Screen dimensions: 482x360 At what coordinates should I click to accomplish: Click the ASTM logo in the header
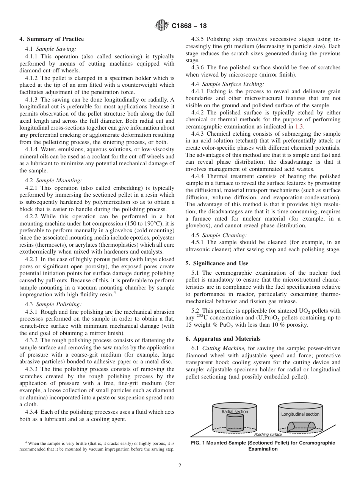pos(162,26)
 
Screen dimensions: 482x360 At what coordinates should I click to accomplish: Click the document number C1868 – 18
pos(189,26)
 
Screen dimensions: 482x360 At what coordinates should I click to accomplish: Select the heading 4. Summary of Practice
pos(52,39)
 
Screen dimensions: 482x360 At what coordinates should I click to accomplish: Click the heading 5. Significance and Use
pos(217,263)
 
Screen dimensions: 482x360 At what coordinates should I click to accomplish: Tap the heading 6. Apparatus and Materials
pos(223,339)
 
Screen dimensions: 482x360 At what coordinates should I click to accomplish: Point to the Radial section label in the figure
pos(235,412)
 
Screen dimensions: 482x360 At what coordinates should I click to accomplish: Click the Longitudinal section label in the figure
pos(300,414)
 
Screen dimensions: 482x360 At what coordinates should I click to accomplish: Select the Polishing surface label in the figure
pos(268,435)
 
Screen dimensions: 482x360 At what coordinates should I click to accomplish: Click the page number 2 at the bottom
pos(180,466)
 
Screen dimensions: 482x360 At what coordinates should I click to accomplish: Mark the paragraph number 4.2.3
pos(33,259)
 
